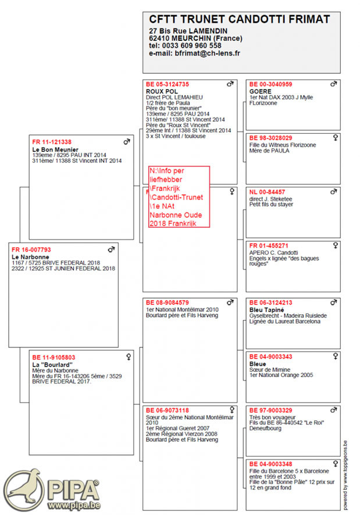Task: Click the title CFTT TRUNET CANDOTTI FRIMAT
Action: pos(239,20)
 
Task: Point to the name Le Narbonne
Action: pos(30,257)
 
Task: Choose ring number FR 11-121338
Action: pos(52,142)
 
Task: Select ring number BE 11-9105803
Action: pos(54,357)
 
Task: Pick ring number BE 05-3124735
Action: pos(167,84)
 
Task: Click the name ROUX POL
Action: pos(162,91)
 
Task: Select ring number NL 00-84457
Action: pos(267,191)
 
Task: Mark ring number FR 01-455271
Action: pos(269,246)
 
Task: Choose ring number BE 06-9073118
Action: pos(167,410)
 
